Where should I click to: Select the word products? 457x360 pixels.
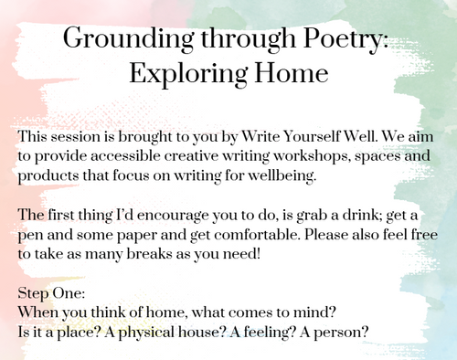[x=46, y=176]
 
